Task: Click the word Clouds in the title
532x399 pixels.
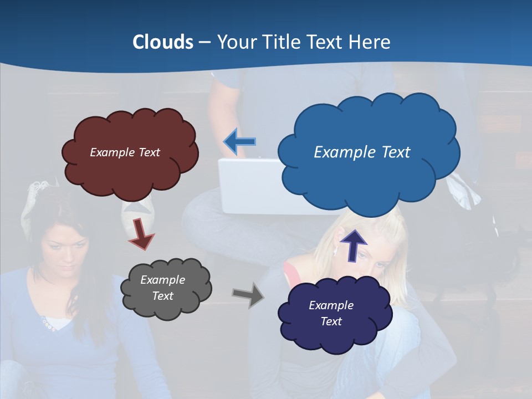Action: (x=163, y=42)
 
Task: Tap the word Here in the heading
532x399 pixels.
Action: (x=370, y=42)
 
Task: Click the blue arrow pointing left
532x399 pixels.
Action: (x=239, y=142)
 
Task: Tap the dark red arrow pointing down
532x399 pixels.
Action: (x=141, y=233)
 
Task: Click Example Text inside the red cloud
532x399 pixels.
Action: (x=125, y=152)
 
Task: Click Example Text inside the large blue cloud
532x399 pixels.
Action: (x=362, y=152)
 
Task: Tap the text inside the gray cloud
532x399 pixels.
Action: (x=162, y=288)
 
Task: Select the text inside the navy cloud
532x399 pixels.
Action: (x=331, y=313)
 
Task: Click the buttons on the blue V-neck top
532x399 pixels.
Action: (x=47, y=324)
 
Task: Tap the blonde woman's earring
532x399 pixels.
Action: (x=335, y=250)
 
